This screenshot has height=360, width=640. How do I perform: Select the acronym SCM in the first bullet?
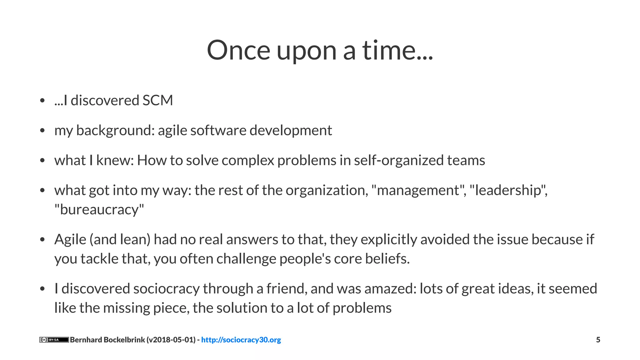pyautogui.click(x=157, y=100)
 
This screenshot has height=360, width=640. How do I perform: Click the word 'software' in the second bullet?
pyautogui.click(x=218, y=130)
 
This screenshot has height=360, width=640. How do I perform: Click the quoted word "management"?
pyautogui.click(x=418, y=190)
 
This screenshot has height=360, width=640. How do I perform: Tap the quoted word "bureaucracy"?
pyautogui.click(x=99, y=209)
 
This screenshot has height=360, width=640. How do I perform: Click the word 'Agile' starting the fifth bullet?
pyautogui.click(x=70, y=239)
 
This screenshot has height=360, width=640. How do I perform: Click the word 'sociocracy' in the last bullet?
pyautogui.click(x=166, y=288)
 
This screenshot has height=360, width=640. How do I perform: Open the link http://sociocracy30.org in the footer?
pyautogui.click(x=241, y=340)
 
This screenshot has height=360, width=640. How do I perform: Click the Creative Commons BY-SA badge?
pyautogui.click(x=54, y=340)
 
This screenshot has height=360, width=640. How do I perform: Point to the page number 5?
pyautogui.click(x=598, y=340)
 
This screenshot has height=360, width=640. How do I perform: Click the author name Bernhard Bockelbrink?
pyautogui.click(x=107, y=340)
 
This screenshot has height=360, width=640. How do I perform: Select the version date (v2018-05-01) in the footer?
pyautogui.click(x=171, y=340)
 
